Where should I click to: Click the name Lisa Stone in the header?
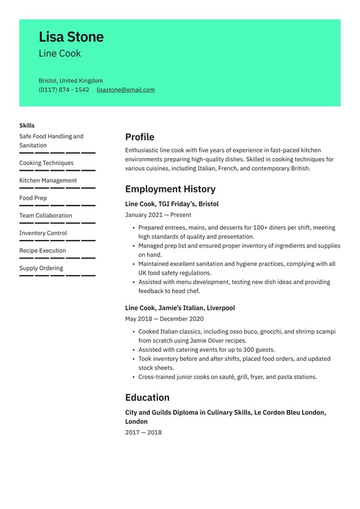tap(71, 37)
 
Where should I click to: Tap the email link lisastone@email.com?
tap(126, 90)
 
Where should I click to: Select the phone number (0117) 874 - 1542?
tap(64, 90)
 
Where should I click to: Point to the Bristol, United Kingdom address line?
tap(71, 81)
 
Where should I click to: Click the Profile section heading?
tap(139, 137)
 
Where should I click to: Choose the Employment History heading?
tap(170, 189)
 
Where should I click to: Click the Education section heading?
tap(147, 398)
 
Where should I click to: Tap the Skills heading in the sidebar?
tap(27, 125)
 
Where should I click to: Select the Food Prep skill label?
tap(33, 198)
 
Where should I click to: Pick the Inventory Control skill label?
tap(43, 233)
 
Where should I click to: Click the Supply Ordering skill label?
tap(41, 268)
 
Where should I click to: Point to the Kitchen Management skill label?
tap(48, 181)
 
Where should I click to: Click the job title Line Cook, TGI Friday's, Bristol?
tap(171, 204)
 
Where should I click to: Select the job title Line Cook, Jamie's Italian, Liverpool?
tap(179, 308)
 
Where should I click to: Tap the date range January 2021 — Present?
tap(158, 215)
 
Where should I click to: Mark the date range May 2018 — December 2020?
tap(164, 319)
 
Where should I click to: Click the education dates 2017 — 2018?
tap(143, 432)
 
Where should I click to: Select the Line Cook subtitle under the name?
tap(60, 54)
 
